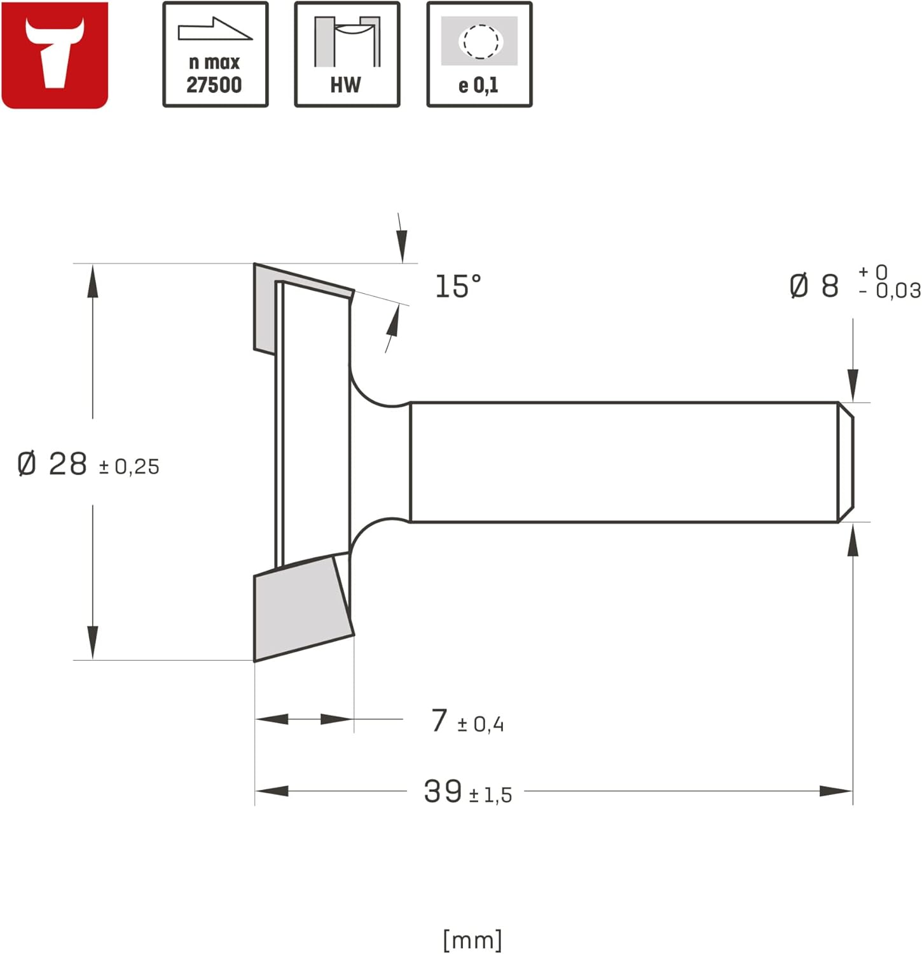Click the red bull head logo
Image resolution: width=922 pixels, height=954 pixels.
pos(55,55)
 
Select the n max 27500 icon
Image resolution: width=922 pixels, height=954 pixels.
pos(215,55)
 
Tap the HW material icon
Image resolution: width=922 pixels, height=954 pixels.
pos(347,55)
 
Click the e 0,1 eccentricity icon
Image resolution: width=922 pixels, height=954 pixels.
pos(479,55)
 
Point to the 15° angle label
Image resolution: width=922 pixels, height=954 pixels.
pos(458,286)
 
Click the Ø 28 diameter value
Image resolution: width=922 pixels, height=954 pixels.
pos(53,464)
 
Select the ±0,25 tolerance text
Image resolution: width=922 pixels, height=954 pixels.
pos(129,467)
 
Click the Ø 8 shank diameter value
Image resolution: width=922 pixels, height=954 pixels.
pos(815,286)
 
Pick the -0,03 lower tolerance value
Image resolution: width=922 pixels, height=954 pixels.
pos(890,291)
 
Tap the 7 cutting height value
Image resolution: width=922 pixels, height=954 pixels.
pos(439,721)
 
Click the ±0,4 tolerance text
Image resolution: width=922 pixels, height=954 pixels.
pos(481,724)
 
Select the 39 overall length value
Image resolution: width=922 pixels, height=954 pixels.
pos(443,792)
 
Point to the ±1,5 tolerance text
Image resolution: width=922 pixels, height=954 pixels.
pos(490,795)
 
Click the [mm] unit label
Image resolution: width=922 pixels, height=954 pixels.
pos(472,939)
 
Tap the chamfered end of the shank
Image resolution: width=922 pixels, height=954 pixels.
pos(846,462)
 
